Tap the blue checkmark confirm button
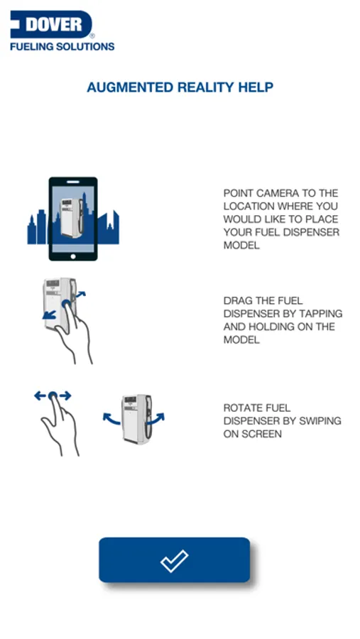click(174, 559)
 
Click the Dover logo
click(51, 24)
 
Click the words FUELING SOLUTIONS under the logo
click(62, 46)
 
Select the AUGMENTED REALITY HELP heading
click(180, 87)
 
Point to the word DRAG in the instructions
click(236, 301)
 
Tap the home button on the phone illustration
click(73, 256)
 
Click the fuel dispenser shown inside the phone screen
click(72, 218)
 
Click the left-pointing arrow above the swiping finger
click(40, 395)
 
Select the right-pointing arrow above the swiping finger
click(65, 395)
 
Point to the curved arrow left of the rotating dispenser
click(111, 419)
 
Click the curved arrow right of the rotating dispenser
click(156, 419)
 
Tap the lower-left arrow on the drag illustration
click(49, 315)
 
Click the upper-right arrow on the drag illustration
click(80, 294)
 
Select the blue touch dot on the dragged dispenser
click(66, 304)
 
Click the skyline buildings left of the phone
click(38, 227)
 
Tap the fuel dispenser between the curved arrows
click(136, 419)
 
